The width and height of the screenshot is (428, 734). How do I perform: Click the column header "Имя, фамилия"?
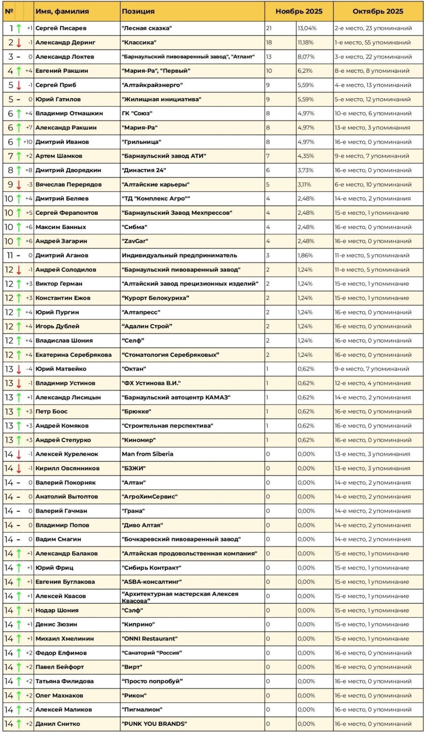[x=62, y=11]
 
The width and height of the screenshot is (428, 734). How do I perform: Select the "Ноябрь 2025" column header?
[x=299, y=11]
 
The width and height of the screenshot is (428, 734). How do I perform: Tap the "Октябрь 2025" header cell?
[x=378, y=11]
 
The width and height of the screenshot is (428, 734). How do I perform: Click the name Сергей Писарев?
[x=61, y=28]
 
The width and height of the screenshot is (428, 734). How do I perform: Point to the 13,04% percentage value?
[x=307, y=28]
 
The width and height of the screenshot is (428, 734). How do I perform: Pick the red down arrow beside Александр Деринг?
[x=19, y=42]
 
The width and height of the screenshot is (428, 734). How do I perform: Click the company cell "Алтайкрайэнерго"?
[x=152, y=85]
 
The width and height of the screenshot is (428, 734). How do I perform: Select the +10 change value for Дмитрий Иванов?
[x=28, y=142]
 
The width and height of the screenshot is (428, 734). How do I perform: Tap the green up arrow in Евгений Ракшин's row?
[x=19, y=71]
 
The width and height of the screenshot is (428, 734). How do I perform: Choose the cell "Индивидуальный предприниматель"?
[x=179, y=255]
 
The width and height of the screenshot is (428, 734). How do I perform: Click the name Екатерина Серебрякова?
[x=74, y=355]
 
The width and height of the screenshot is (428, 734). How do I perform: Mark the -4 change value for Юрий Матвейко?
[x=29, y=369]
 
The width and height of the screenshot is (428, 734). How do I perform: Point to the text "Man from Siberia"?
[x=148, y=454]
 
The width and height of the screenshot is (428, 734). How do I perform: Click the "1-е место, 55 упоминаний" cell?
[x=373, y=42]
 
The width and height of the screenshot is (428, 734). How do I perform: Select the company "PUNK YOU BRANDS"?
[x=154, y=724]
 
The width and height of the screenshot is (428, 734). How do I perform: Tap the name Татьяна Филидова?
[x=65, y=681]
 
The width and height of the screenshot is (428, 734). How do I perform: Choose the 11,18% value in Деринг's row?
[x=306, y=42]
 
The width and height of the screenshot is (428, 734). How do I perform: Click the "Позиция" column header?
[x=138, y=11]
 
